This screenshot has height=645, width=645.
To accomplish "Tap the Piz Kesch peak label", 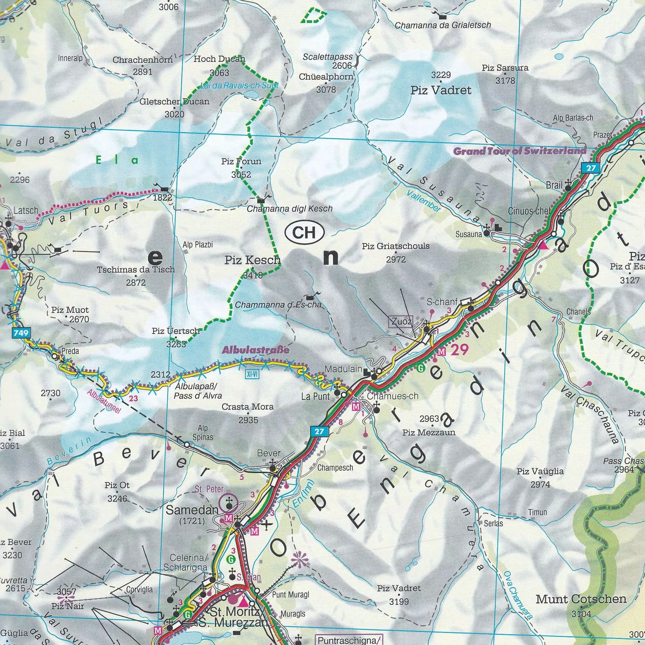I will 252,260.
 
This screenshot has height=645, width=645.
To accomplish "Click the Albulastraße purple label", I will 255,350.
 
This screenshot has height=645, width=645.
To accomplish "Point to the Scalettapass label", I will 327,57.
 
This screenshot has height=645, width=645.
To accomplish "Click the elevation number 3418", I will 253,276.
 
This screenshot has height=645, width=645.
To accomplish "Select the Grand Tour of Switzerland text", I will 519,151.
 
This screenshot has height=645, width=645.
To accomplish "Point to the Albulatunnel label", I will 103,401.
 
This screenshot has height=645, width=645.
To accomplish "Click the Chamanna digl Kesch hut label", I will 290,209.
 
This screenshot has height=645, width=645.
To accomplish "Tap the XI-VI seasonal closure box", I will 252,374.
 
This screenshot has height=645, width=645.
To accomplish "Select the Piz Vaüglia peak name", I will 540,471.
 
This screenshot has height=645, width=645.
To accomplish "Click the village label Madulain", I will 343,369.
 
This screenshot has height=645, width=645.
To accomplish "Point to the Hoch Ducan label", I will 219,59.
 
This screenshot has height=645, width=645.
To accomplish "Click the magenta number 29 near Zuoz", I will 459,350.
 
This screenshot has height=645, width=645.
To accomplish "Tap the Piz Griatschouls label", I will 395,246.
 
